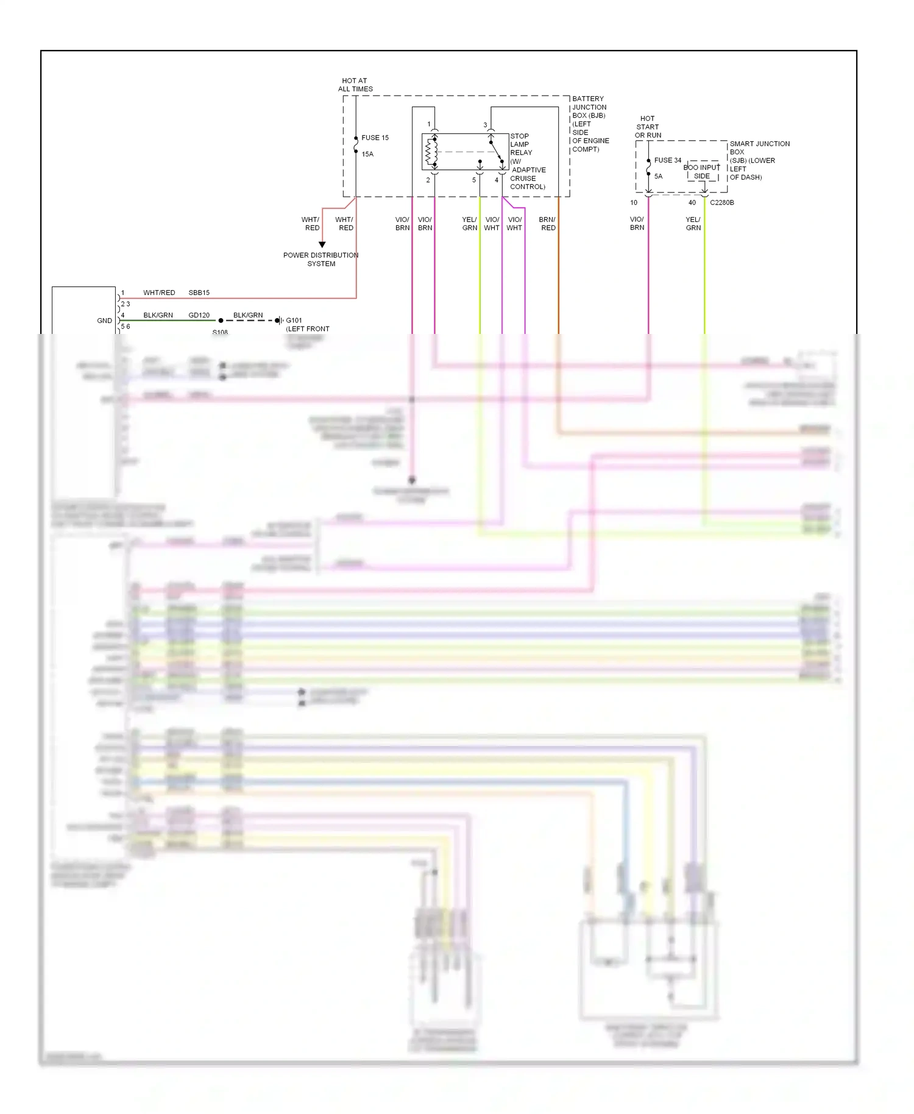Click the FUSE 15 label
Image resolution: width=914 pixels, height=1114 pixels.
click(x=375, y=138)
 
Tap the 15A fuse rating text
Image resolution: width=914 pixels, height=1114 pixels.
click(x=367, y=154)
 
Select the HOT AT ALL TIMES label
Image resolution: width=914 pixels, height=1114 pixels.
click(x=355, y=85)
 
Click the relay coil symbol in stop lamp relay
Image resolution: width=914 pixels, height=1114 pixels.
click(x=431, y=152)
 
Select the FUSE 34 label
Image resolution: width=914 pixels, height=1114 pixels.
click(x=668, y=160)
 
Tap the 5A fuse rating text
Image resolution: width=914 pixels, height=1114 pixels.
click(x=658, y=176)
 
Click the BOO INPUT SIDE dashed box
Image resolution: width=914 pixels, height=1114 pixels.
click(x=703, y=172)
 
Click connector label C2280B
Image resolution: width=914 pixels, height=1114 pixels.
click(x=721, y=202)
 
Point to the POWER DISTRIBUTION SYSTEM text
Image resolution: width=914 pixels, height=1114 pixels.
click(x=321, y=260)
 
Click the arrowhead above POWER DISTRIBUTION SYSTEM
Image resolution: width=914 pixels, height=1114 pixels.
click(x=322, y=244)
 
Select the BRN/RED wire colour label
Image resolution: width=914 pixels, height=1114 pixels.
click(x=547, y=224)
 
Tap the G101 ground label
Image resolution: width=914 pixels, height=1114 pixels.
click(x=294, y=321)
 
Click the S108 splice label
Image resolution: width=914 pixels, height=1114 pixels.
click(x=220, y=332)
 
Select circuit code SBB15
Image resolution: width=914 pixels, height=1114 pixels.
click(x=199, y=293)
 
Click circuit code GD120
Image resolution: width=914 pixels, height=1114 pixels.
click(x=199, y=315)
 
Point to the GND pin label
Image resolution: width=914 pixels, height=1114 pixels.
click(x=104, y=321)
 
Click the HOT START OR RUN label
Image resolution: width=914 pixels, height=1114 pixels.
click(x=648, y=127)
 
